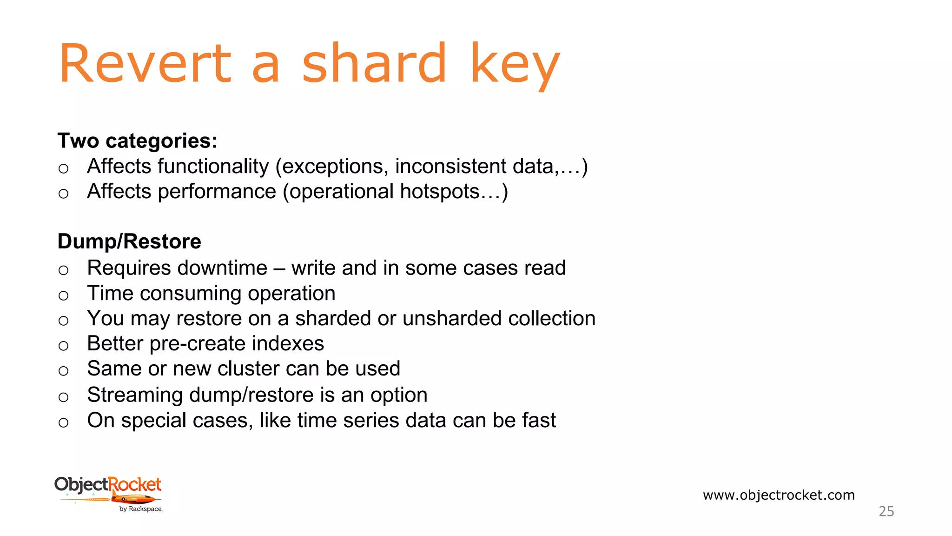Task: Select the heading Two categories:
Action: click(138, 141)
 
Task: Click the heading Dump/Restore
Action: click(129, 241)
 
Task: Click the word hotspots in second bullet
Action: click(443, 192)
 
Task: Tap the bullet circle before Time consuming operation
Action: click(64, 295)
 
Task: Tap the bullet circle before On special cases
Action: click(64, 422)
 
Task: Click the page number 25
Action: click(886, 511)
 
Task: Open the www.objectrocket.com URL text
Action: click(779, 495)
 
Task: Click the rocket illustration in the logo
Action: click(135, 499)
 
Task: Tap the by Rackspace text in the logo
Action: click(140, 509)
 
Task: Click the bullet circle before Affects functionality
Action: click(64, 168)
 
